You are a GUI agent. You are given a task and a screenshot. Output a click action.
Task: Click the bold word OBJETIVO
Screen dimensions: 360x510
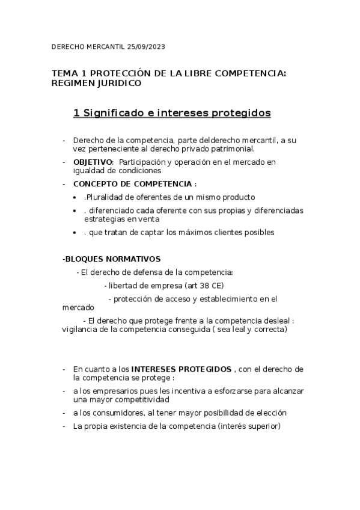93,162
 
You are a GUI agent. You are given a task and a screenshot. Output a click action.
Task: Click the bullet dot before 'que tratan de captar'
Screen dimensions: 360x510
74,232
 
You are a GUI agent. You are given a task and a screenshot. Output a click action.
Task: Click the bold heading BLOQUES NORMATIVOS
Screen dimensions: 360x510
112,259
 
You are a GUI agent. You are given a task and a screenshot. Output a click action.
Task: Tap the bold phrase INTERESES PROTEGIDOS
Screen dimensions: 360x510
181,368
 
